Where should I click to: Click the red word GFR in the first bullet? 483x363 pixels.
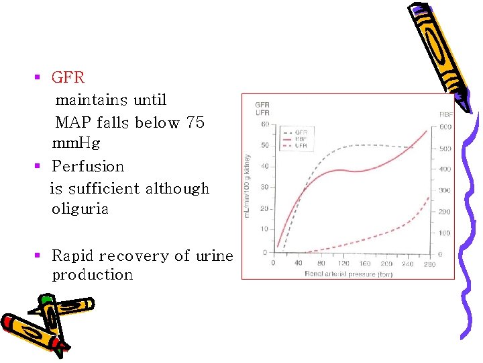[68, 77]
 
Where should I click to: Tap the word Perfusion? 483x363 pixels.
[88, 166]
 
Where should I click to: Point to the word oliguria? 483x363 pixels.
[80, 209]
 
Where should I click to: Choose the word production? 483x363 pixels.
[93, 275]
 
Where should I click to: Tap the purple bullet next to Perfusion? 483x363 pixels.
[38, 166]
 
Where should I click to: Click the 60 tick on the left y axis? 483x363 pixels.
[265, 124]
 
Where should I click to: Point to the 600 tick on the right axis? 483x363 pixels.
[445, 127]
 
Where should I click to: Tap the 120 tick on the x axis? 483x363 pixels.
[344, 264]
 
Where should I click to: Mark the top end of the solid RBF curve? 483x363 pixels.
[427, 130]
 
